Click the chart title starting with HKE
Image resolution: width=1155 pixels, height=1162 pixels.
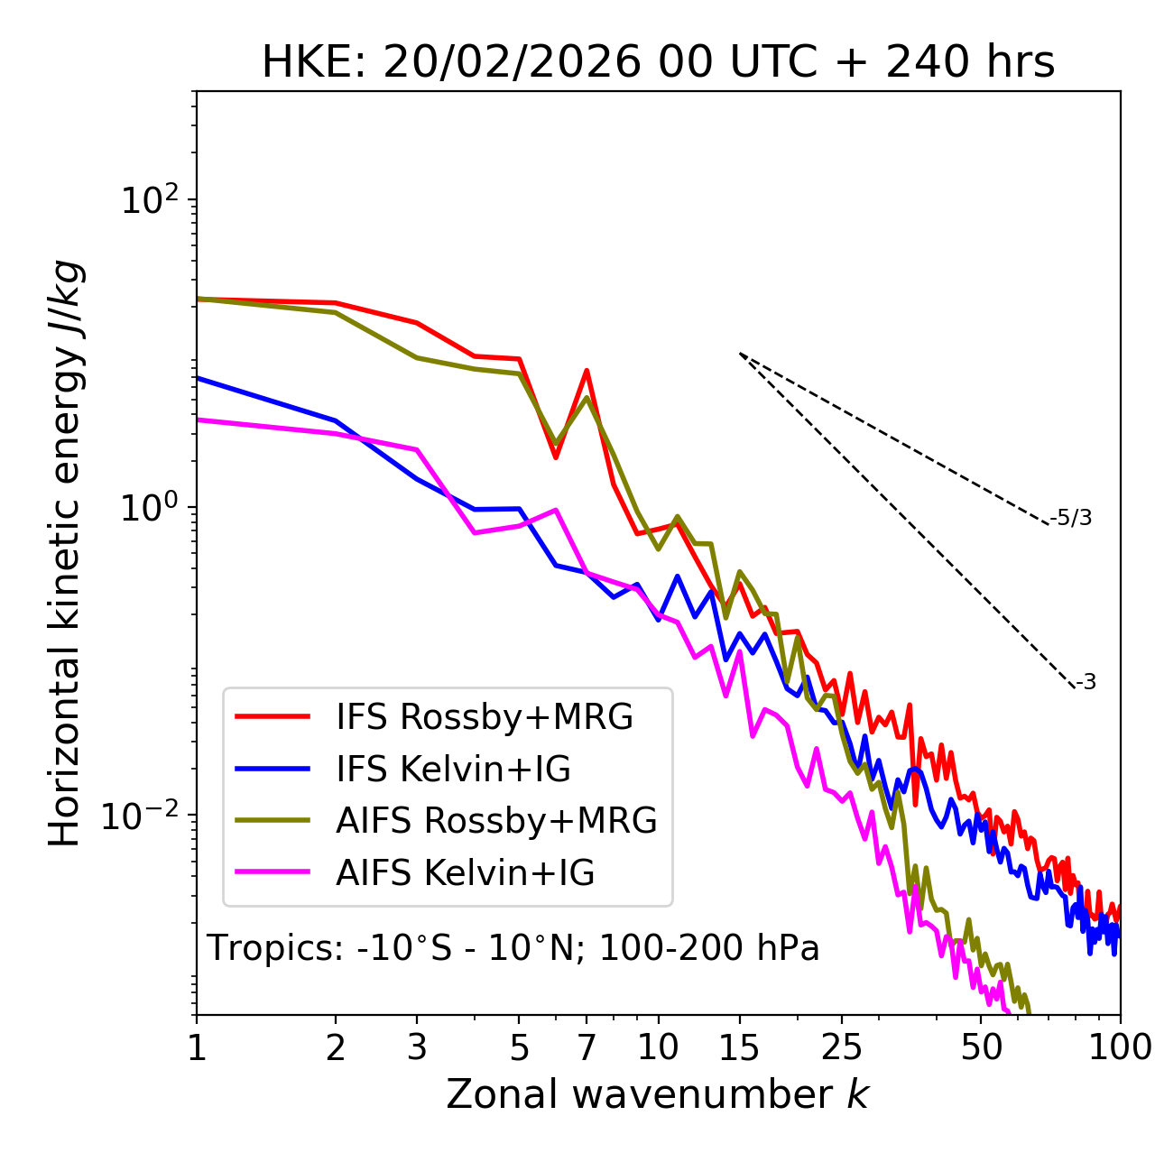[x=658, y=63]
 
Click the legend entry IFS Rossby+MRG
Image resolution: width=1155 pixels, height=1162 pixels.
[x=484, y=716]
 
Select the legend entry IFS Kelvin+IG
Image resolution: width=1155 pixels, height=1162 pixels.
[x=453, y=769]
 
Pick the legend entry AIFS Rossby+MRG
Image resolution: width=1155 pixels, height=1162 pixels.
[x=496, y=821]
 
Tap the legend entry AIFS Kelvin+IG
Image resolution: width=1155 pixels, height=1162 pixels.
[x=465, y=873]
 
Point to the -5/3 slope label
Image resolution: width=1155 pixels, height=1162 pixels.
[x=1071, y=518]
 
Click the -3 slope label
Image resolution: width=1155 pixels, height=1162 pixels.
[x=1086, y=682]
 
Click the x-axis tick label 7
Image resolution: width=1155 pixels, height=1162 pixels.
[x=587, y=1047]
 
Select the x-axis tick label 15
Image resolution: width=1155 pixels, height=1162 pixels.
[x=739, y=1047]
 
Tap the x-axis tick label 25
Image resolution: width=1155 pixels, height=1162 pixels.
[x=842, y=1047]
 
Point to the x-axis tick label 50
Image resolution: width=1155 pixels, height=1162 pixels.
[x=981, y=1047]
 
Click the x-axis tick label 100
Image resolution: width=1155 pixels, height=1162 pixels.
[x=1119, y=1047]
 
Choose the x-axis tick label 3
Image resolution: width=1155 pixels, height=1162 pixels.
[x=416, y=1047]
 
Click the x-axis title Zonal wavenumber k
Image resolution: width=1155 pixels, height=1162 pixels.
[x=657, y=1094]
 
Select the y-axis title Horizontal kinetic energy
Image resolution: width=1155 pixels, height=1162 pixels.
[x=65, y=553]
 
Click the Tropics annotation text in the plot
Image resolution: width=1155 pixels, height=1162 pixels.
[x=513, y=948]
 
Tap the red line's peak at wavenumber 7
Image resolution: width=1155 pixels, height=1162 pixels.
[x=587, y=370]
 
